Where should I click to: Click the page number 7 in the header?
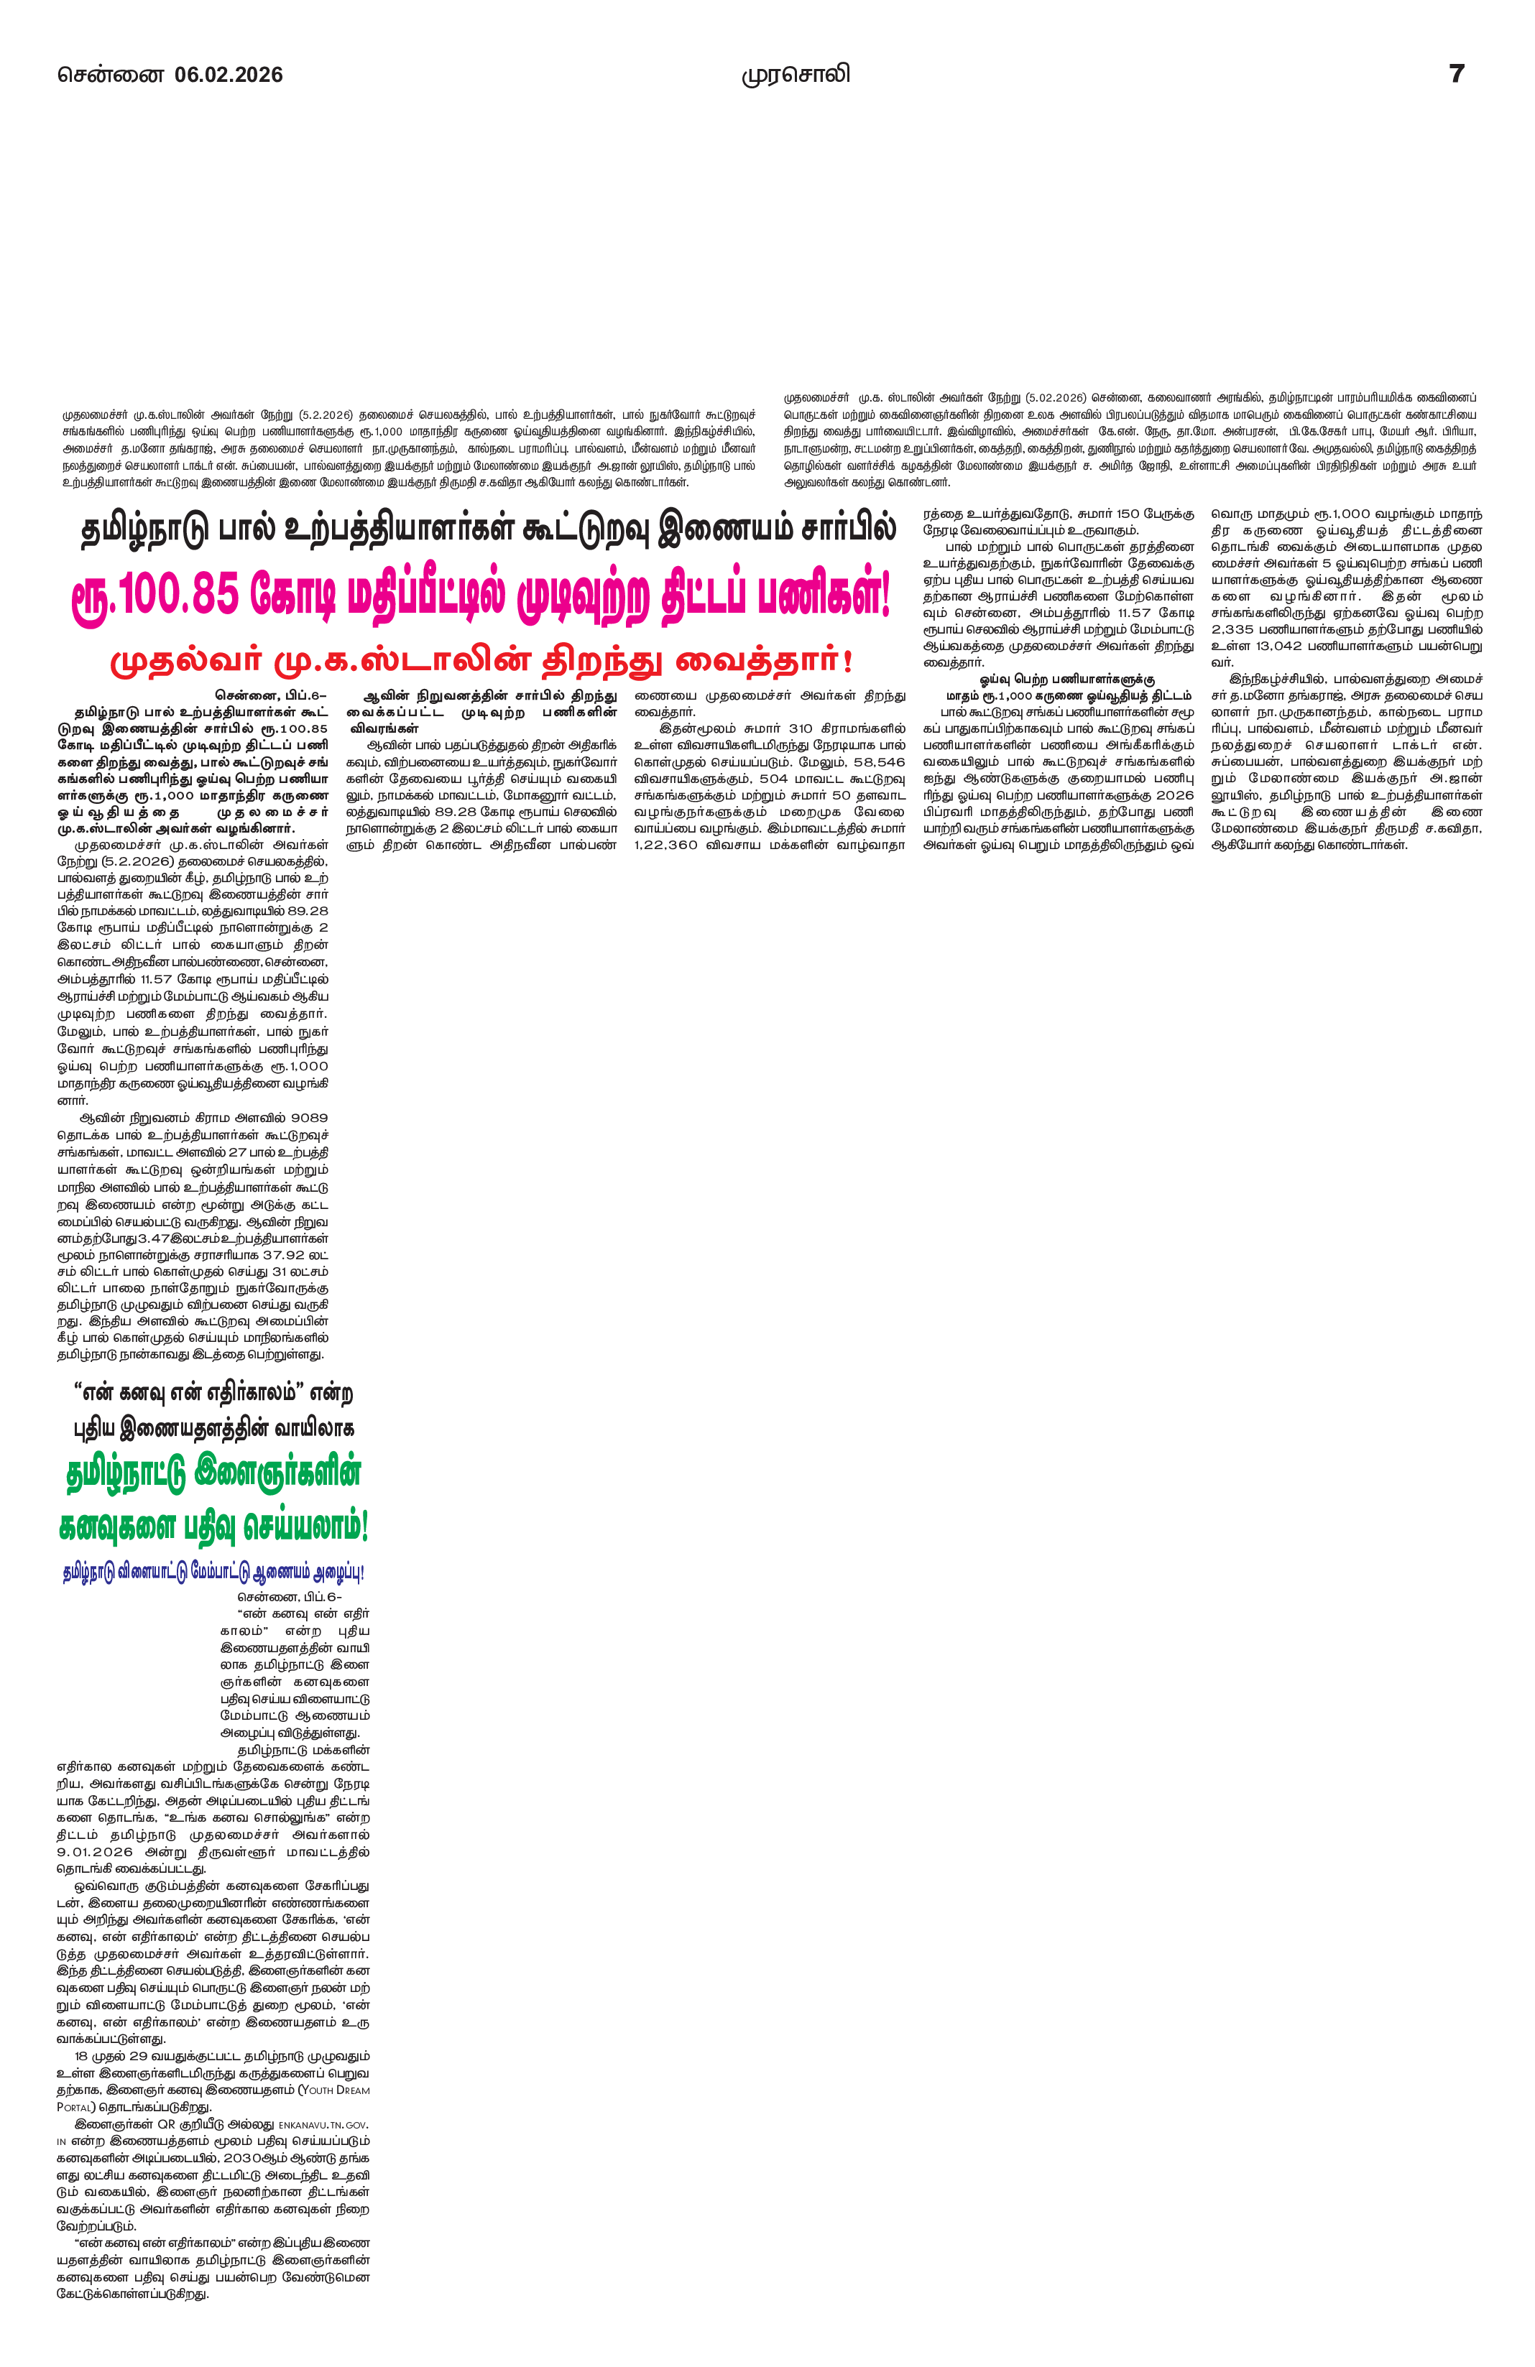click(1457, 75)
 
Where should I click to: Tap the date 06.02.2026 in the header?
click(229, 75)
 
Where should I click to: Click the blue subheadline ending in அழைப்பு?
click(212, 1572)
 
